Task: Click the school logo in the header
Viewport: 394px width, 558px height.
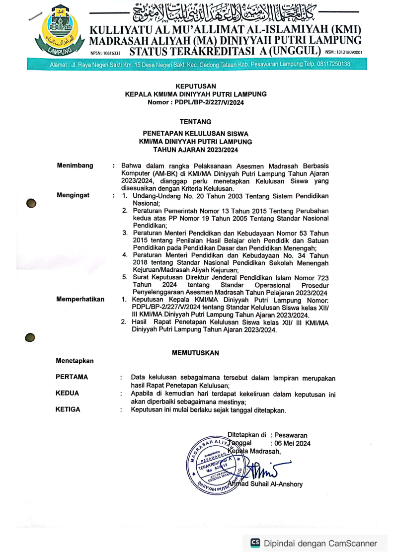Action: point(59,31)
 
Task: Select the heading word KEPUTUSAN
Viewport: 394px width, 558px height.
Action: point(196,86)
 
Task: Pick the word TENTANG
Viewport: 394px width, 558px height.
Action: point(195,121)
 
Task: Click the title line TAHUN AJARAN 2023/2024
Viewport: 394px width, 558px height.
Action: point(195,149)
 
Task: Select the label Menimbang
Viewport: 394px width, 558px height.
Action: point(75,165)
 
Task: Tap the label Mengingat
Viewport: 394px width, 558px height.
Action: point(73,196)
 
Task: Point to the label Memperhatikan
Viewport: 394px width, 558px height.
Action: point(80,300)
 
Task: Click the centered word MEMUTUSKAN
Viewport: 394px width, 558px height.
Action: point(195,352)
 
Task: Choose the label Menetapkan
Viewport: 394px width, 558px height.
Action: point(75,360)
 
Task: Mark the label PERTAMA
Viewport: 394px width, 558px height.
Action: point(72,378)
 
